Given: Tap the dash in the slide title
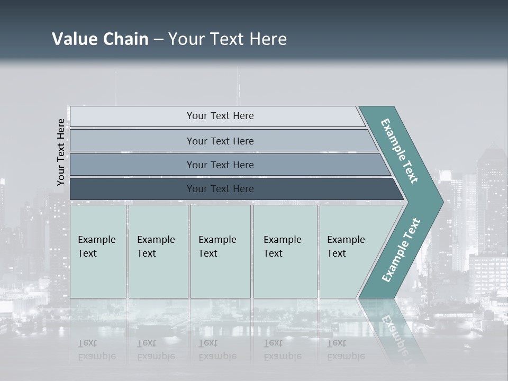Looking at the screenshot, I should point(158,40).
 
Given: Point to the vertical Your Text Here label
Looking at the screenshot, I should point(61,152).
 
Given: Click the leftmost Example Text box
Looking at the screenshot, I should point(98,251).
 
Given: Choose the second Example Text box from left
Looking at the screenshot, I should point(158,251).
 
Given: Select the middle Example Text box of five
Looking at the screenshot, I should point(220,251).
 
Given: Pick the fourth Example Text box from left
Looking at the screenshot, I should point(285,251).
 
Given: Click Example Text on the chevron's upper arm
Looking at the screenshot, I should point(400,151).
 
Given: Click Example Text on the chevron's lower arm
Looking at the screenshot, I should point(401,250).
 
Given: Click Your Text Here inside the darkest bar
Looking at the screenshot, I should point(220,189).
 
